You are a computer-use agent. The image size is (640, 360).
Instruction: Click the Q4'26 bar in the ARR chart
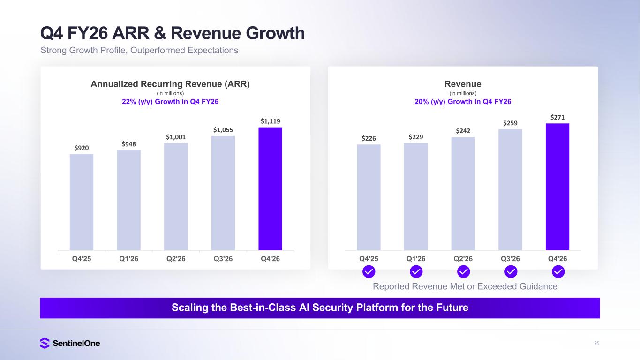[270, 188]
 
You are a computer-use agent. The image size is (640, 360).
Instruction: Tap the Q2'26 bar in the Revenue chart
[463, 193]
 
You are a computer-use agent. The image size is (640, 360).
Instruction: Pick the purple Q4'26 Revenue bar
[557, 187]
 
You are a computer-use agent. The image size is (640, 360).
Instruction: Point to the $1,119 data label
[270, 121]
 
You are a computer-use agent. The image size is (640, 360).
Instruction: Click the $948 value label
[128, 144]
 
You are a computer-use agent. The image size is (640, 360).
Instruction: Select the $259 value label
[510, 123]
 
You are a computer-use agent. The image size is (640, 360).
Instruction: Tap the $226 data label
[369, 138]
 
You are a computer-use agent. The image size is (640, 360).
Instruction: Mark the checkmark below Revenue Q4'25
[369, 271]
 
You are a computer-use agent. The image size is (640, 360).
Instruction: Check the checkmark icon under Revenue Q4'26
[558, 271]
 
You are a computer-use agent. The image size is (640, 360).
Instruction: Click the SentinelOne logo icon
[45, 343]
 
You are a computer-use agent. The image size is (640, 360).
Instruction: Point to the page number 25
[596, 343]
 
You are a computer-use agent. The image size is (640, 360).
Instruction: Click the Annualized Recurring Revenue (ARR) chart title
[170, 84]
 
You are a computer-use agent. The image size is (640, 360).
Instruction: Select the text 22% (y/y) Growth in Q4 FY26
[170, 102]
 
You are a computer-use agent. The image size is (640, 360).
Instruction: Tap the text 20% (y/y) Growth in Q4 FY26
[463, 102]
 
